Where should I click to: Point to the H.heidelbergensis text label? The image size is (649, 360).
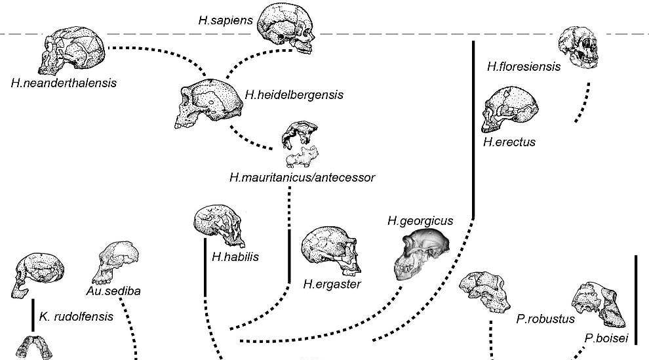coord(294,95)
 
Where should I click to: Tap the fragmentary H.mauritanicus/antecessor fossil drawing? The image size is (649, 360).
coord(299,145)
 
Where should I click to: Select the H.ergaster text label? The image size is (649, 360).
coord(332,285)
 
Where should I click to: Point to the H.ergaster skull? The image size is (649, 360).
coord(330,252)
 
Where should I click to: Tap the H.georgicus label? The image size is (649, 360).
coord(420,221)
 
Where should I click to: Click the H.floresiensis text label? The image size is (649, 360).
coord(524,66)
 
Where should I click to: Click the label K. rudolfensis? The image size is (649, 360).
coord(76,316)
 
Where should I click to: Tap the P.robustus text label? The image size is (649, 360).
coord(545,319)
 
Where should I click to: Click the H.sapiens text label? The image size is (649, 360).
coord(226,20)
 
